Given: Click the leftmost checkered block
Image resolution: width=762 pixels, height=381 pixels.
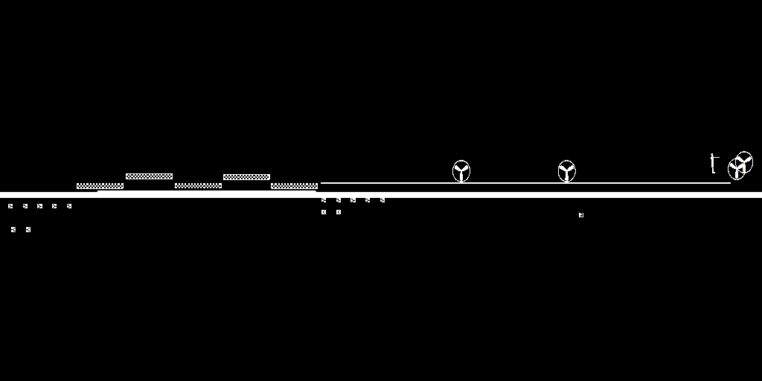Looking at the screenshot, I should pos(100,186).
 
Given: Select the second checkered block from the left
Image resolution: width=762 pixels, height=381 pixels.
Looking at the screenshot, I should pos(149,176).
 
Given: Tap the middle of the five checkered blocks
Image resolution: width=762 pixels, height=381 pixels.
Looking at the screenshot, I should pos(198,185).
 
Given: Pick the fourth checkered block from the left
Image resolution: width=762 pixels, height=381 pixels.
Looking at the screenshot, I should pos(246,177).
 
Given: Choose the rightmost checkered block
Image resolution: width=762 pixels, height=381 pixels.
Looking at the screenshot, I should pos(294,186).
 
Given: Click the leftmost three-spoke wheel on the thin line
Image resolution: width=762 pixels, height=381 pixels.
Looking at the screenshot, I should pos(461,171).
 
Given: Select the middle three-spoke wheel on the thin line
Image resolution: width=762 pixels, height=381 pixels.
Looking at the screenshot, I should pos(567,171).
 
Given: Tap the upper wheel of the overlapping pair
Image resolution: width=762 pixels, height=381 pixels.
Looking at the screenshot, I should pos(744,161).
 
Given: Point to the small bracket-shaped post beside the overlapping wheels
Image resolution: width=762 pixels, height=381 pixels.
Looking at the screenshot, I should pos(713,164).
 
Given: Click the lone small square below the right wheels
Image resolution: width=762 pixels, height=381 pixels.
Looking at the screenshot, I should pos(581,215).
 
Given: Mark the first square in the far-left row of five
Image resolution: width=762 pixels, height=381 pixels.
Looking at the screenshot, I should pos(10,206).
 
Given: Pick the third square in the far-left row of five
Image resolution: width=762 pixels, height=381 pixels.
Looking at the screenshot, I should pos(39,206).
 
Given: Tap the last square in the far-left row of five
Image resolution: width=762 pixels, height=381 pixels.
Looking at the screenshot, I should pos(69,206).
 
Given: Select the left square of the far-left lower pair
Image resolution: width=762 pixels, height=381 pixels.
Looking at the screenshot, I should pos(13,230).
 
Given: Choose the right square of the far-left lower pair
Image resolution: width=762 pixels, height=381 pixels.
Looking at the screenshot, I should pos(28,230).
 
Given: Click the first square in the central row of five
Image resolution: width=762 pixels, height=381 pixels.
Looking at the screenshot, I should pos(324,200).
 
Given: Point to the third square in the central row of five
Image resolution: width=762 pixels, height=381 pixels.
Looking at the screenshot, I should pos(353,200).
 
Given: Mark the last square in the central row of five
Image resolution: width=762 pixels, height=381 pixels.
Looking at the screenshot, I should pos(382,200).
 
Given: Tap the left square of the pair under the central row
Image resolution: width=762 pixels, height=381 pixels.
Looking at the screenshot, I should pos(324,212).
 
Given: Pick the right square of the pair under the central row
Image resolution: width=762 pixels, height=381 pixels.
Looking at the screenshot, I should pos(339,212).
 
